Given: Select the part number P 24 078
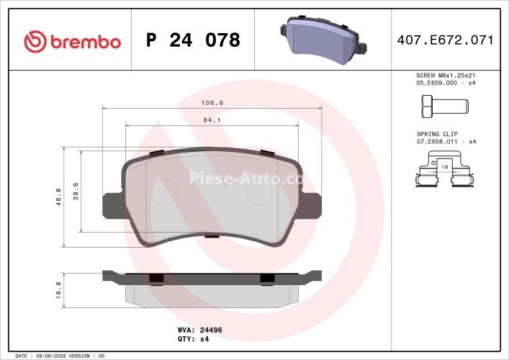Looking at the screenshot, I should (193, 40).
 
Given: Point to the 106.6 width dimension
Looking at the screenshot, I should (212, 103).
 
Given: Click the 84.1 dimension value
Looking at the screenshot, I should (212, 120).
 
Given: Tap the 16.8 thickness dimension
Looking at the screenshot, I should (58, 288).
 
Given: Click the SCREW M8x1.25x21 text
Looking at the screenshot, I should (446, 75).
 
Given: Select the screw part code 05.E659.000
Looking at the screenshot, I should (436, 83).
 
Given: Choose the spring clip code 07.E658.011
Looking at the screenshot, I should (436, 141).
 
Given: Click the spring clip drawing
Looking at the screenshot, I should (444, 175).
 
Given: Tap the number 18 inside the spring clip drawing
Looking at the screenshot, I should (443, 166).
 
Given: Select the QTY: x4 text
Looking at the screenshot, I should (193, 339).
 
